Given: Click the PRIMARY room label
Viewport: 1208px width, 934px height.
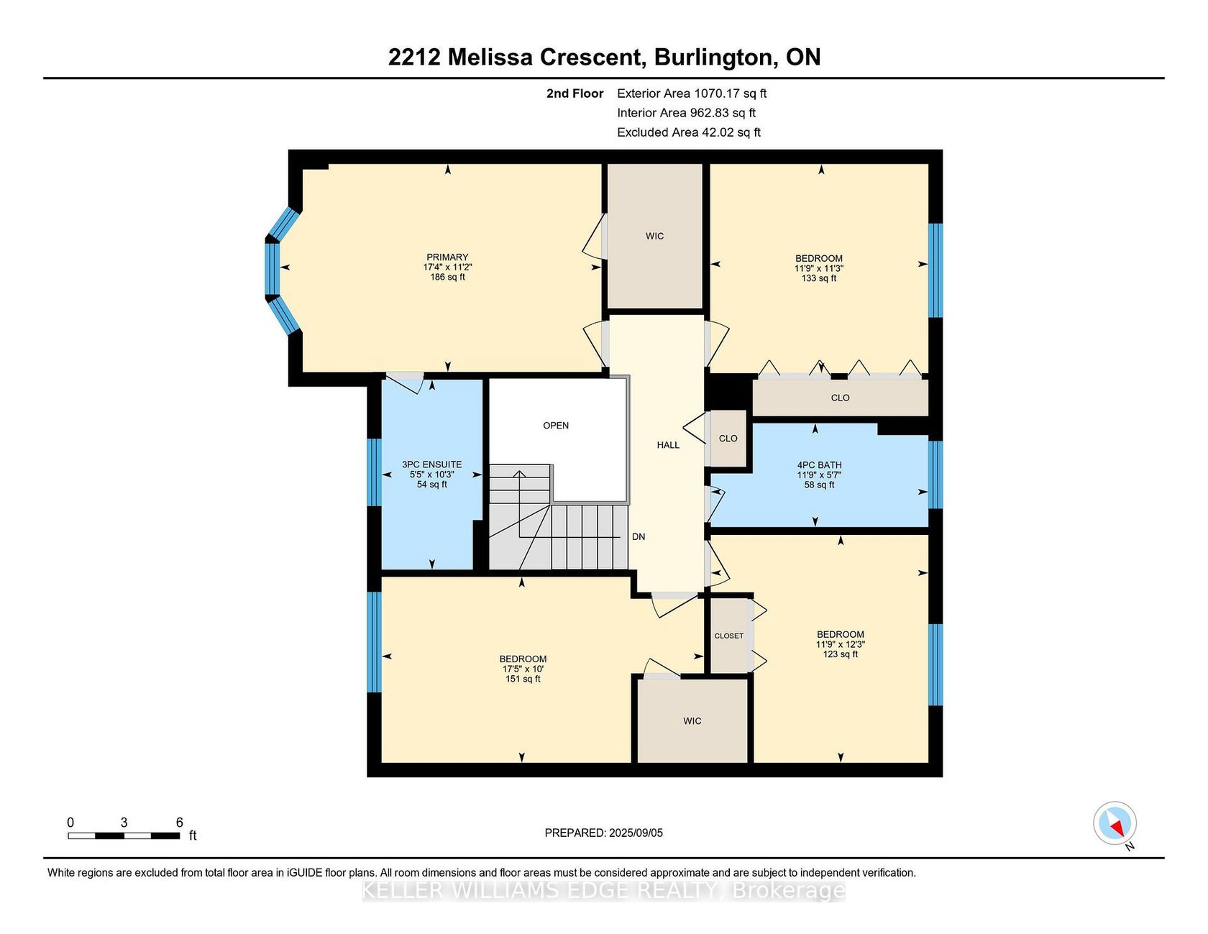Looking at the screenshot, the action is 447,257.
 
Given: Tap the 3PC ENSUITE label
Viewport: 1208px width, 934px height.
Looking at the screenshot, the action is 431,464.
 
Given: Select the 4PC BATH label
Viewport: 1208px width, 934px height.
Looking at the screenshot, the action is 819,465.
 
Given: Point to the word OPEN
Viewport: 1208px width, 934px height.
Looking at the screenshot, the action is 556,426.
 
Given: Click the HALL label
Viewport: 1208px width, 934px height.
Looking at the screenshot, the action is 668,445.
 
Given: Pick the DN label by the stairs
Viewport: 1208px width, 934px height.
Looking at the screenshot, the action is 639,537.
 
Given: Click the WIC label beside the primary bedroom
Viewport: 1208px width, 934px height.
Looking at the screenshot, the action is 654,237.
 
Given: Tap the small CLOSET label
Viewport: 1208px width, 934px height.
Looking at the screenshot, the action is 729,636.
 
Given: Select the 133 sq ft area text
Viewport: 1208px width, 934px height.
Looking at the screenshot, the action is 819,278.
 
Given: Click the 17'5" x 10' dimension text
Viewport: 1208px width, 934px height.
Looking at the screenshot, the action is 523,669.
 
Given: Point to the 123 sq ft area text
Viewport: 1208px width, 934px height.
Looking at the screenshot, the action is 841,654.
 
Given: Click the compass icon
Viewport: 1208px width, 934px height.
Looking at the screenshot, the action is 1115,823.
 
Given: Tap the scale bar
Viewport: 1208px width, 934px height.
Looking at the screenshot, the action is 124,835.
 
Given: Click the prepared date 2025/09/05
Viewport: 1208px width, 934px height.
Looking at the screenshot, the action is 636,833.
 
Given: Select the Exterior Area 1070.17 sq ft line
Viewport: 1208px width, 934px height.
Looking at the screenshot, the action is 692,93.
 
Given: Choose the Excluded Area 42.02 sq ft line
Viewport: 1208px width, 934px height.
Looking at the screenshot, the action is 689,132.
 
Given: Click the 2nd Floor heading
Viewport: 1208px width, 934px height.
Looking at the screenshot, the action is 575,93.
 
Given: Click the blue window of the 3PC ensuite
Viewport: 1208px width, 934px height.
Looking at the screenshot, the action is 374,472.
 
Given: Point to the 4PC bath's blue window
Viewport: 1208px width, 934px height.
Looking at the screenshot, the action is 935,475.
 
